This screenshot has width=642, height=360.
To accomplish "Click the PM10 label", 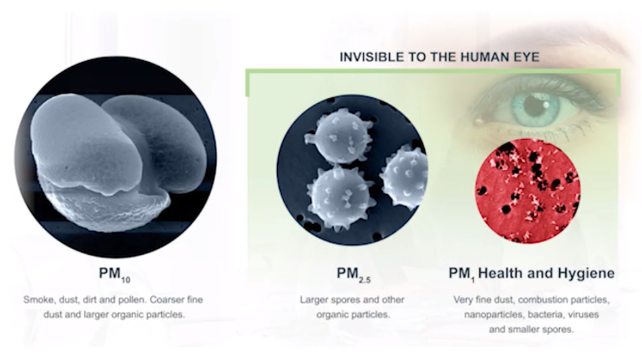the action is point(115,274).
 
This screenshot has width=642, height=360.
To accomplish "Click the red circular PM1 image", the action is point(527,191).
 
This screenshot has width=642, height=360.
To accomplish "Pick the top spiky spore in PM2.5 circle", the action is point(339,136).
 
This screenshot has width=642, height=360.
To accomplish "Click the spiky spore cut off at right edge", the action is point(405,177).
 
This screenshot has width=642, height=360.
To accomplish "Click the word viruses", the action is point(583,315).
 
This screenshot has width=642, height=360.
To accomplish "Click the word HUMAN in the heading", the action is point(478,57).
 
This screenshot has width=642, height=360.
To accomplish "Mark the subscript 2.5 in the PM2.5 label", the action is point(364,280).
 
